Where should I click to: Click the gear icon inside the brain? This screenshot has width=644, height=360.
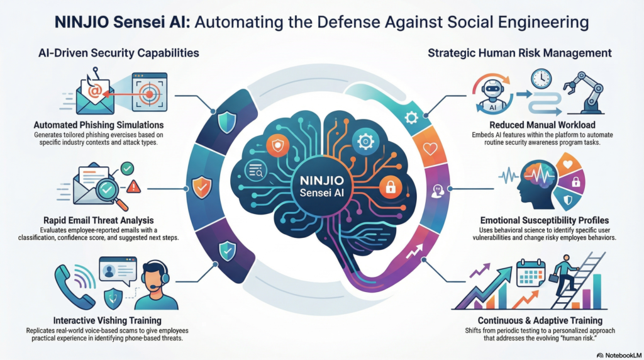(365, 142)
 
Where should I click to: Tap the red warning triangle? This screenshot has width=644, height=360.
(133, 186)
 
